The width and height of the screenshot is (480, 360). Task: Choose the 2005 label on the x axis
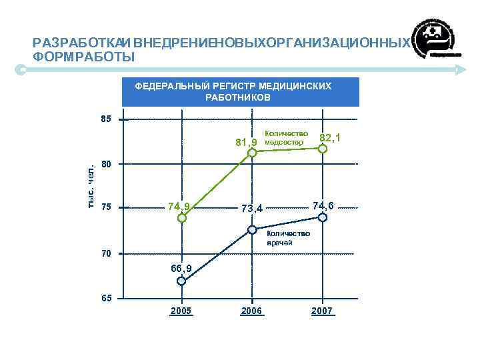tap(181, 311)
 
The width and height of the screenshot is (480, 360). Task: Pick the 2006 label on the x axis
tap(252, 311)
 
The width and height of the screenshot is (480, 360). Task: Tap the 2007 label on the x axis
tap(322, 311)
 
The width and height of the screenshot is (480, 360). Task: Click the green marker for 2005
tap(182, 218)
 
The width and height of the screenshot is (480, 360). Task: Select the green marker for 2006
tap(252, 153)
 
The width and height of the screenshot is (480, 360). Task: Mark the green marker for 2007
tap(323, 149)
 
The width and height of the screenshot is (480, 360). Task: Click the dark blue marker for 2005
tap(181, 281)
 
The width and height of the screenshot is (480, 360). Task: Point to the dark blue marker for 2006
tap(252, 230)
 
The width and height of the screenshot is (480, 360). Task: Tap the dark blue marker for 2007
tap(323, 217)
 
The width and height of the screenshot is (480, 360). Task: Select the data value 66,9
tap(181, 268)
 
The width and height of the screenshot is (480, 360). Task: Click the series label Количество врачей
tap(288, 238)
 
